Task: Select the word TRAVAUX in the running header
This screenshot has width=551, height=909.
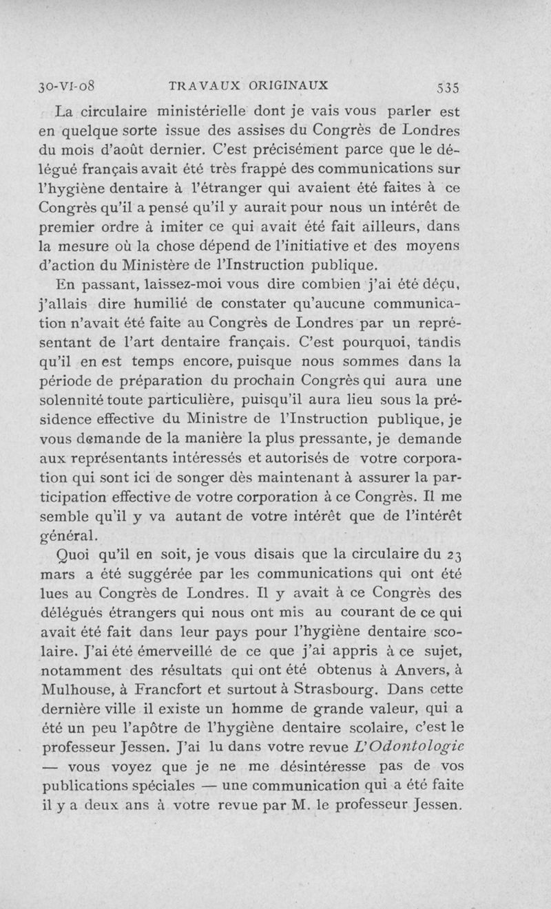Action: [x=198, y=87]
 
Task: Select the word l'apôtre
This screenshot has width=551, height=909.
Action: [x=148, y=726]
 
